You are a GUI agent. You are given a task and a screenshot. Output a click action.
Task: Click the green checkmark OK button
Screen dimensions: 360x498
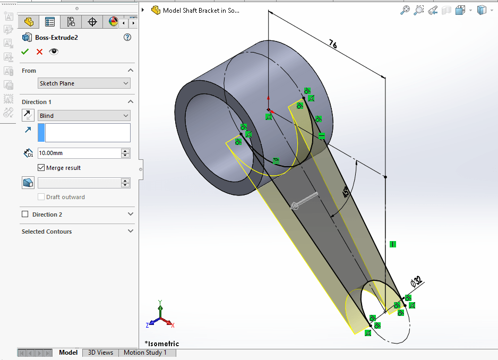[x=24, y=52]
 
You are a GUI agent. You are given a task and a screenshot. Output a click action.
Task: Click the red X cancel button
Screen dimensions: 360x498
[x=39, y=52]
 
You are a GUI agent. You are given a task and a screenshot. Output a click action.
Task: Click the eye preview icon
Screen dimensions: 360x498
[x=54, y=52]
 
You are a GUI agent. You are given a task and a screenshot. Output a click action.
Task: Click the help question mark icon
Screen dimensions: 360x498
[x=127, y=38]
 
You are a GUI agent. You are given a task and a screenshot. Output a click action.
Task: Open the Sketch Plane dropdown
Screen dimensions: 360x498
[x=84, y=83]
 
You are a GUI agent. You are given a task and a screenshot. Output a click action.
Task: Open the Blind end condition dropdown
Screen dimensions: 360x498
[x=84, y=116]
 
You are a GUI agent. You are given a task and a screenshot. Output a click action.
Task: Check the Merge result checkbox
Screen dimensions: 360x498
[x=41, y=168]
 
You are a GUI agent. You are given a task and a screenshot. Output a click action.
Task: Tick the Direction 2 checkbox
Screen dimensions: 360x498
[x=25, y=215]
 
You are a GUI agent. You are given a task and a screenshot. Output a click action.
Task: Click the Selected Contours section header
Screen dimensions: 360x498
[x=47, y=232]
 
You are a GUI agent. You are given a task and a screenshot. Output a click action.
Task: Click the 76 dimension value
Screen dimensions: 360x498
[x=333, y=44]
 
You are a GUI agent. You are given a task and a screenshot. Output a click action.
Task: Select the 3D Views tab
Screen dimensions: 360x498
[x=100, y=353]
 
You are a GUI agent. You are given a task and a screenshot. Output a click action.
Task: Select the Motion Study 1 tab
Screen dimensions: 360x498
[x=145, y=353]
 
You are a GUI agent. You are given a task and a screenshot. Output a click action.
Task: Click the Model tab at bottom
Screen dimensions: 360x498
[x=68, y=353]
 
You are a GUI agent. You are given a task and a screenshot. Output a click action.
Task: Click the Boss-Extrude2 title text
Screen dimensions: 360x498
[x=56, y=38]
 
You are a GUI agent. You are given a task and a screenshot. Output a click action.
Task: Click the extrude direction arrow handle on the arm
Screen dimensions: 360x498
[x=304, y=202]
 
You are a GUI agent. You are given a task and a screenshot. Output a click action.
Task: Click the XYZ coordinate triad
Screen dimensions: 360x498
[x=160, y=316]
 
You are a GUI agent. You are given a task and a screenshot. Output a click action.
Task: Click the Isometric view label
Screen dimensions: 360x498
[x=162, y=344]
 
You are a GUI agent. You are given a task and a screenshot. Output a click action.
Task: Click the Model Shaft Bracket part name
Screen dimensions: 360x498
[x=201, y=10]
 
